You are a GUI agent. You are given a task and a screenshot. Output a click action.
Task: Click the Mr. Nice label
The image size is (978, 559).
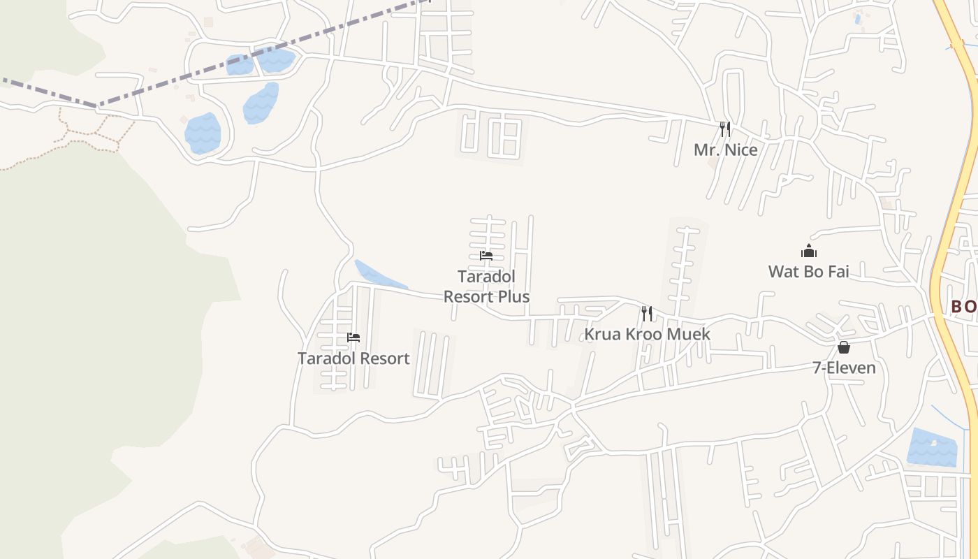pos(725,150)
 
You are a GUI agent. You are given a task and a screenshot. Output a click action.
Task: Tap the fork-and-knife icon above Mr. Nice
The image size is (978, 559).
pos(725,129)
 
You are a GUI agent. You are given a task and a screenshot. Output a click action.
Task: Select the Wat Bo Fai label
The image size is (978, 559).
pos(808,271)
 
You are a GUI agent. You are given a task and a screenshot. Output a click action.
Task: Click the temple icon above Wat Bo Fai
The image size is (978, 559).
pos(808,252)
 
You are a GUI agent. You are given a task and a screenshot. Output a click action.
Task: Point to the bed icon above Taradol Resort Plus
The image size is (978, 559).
pos(486,256)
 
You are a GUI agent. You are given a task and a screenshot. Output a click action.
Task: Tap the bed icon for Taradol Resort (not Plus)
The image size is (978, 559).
pos(353,337)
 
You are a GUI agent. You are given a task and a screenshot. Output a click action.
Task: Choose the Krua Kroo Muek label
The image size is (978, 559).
pos(647,334)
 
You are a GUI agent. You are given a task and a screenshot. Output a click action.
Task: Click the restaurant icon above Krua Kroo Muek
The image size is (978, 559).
pos(647,314)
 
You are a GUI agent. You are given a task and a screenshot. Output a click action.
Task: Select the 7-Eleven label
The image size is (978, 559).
pos(844,368)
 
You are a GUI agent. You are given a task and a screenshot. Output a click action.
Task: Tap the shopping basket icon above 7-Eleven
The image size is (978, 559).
pos(844,347)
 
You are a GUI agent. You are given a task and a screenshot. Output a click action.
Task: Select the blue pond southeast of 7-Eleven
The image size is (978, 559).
pos(931,448)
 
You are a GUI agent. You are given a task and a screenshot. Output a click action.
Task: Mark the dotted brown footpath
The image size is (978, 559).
pos(84,140)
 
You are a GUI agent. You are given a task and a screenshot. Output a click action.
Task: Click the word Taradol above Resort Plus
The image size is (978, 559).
pos(486,277)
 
